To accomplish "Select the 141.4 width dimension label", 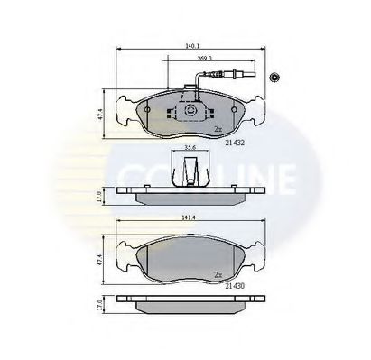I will click(189, 217).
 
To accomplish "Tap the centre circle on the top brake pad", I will click(190, 110).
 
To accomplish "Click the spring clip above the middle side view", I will click(190, 169).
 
